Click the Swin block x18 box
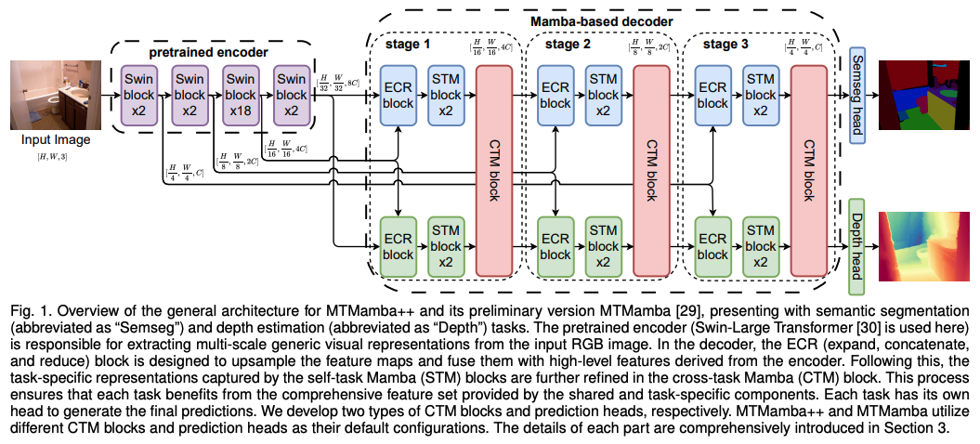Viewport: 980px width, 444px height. point(240,96)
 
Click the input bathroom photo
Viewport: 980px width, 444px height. point(56,95)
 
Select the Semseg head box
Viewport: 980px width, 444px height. point(856,95)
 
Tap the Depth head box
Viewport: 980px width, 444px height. point(856,246)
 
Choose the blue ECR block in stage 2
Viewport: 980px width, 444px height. point(555,95)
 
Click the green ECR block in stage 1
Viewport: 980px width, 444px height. point(399,246)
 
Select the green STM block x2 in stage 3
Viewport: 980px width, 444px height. point(759,246)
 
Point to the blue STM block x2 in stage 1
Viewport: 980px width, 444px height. point(446,95)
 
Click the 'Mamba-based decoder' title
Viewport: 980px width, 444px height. point(601,21)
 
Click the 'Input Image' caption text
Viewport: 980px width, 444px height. point(56,140)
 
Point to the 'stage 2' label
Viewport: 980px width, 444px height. point(567,45)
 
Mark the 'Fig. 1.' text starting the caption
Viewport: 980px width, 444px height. point(23,311)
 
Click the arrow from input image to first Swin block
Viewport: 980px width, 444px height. point(111,96)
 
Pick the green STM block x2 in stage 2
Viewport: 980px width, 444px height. point(603,246)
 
